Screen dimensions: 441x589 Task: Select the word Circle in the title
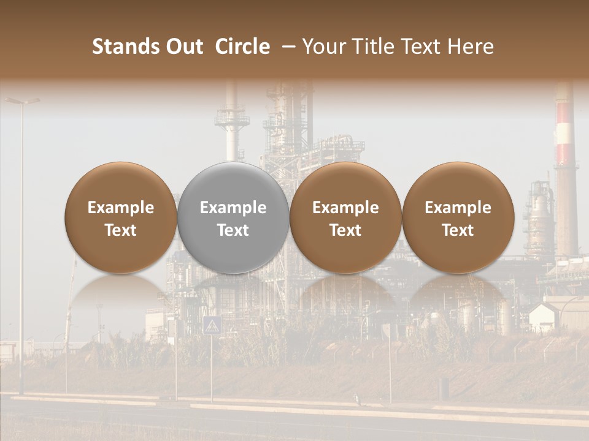point(242,47)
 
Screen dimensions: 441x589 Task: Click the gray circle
point(233,217)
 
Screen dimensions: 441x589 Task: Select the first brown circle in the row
point(121,217)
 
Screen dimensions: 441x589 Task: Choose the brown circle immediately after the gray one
point(345,217)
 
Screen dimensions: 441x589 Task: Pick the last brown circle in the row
point(458,217)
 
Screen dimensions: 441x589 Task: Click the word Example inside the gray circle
point(233,208)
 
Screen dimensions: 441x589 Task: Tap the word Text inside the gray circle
point(233,230)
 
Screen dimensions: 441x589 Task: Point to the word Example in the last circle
point(458,208)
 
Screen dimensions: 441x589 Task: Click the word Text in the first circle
point(121,230)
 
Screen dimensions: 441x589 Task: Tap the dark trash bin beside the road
point(444,387)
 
